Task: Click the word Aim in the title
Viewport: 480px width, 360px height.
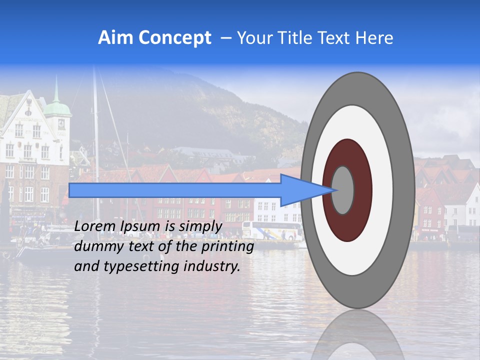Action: (116, 38)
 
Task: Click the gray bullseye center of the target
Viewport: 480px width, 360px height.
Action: (342, 190)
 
